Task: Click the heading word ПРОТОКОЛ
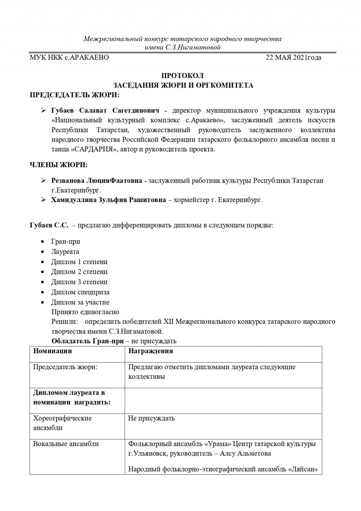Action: (x=182, y=76)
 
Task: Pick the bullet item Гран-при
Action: (x=66, y=242)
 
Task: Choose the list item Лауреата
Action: (x=65, y=252)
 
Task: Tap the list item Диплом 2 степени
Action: (x=79, y=272)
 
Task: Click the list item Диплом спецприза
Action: (x=80, y=292)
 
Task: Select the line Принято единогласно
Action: (x=85, y=312)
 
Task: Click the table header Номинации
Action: (x=53, y=351)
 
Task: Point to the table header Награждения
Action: (x=151, y=351)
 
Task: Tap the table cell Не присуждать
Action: (x=151, y=419)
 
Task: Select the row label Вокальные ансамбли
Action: (x=66, y=444)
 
